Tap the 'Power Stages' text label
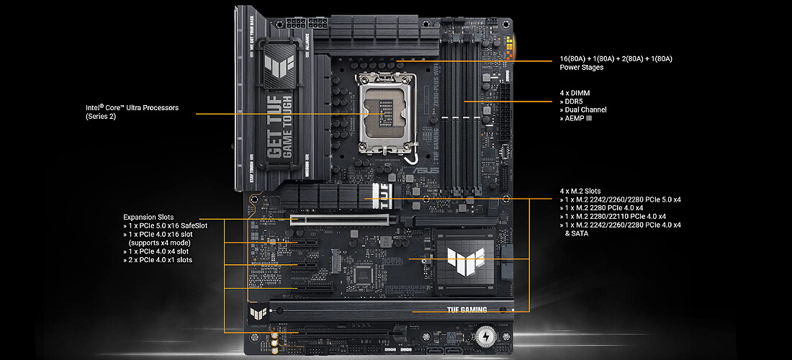pyautogui.click(x=582, y=68)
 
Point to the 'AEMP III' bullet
pyautogui.click(x=578, y=118)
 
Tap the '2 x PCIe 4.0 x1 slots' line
pyautogui.click(x=160, y=260)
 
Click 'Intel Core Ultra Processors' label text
pyautogui.click(x=132, y=108)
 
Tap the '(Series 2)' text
pyautogui.click(x=101, y=117)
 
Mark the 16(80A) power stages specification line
pyautogui.click(x=616, y=58)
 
